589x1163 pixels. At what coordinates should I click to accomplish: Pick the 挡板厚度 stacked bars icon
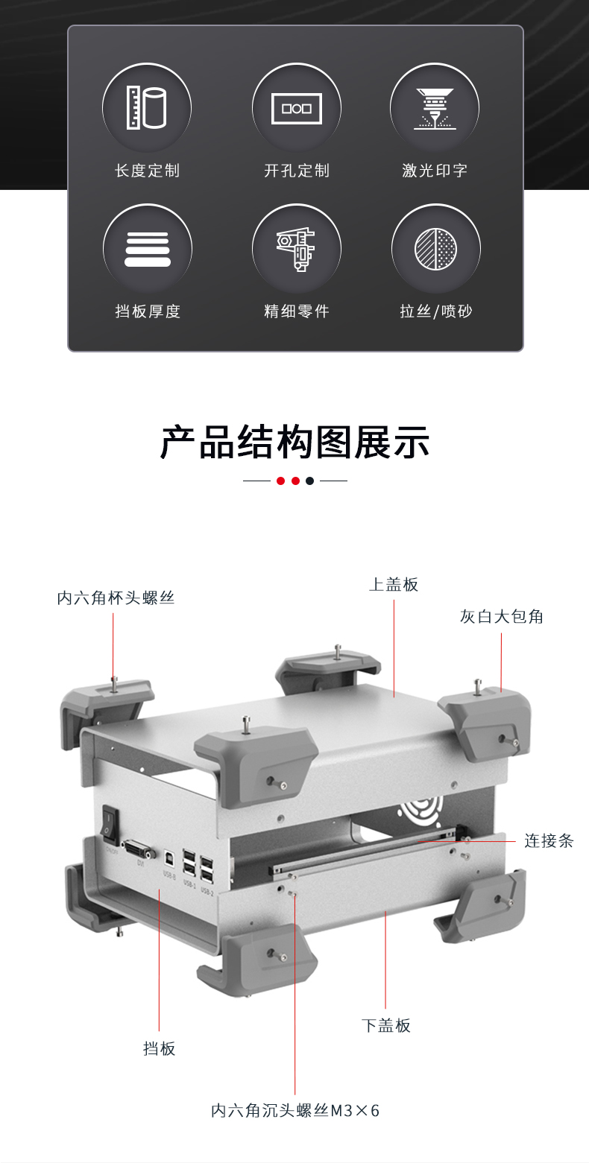(x=147, y=249)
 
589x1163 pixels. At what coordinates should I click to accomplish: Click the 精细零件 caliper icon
(x=296, y=249)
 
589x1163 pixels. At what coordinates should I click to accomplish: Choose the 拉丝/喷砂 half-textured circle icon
(x=435, y=249)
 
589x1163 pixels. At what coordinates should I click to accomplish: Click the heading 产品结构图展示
(x=295, y=443)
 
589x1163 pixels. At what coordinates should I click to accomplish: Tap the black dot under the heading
(x=310, y=481)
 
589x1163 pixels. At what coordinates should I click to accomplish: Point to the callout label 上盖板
(x=394, y=585)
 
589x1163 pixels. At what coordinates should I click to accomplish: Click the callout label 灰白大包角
(x=501, y=616)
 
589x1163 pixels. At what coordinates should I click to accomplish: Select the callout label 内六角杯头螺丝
(x=116, y=598)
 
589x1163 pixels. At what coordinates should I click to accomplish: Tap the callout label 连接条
(x=548, y=841)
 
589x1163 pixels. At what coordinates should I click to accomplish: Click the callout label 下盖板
(x=385, y=1025)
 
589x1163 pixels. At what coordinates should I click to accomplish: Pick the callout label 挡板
(x=159, y=1048)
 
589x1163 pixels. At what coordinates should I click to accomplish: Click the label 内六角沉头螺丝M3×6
(x=295, y=1111)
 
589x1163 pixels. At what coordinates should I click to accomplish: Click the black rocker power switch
(x=110, y=823)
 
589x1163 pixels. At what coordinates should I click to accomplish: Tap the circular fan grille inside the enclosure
(x=422, y=809)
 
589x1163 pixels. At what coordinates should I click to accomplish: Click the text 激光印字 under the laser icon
(x=435, y=171)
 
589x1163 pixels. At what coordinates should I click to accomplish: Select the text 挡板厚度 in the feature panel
(x=148, y=311)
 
